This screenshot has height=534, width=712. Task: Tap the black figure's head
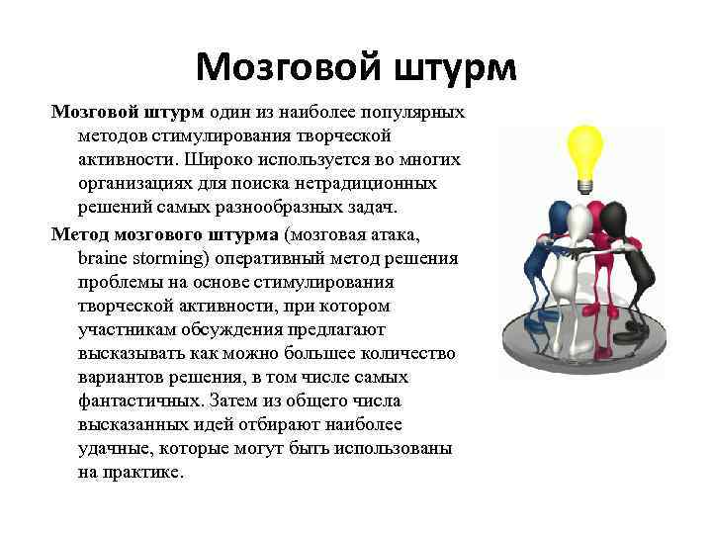614,215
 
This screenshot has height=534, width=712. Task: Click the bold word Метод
81,232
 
